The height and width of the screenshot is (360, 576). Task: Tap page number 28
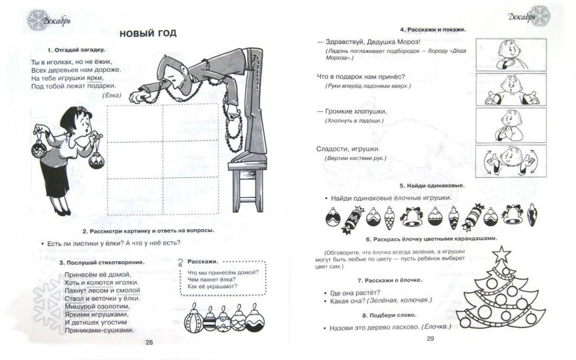tap(149, 342)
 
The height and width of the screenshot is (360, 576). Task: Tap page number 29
tap(430, 339)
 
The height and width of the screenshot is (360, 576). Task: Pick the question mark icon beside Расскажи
tap(182, 263)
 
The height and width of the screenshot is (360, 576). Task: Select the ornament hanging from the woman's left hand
tap(96, 158)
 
